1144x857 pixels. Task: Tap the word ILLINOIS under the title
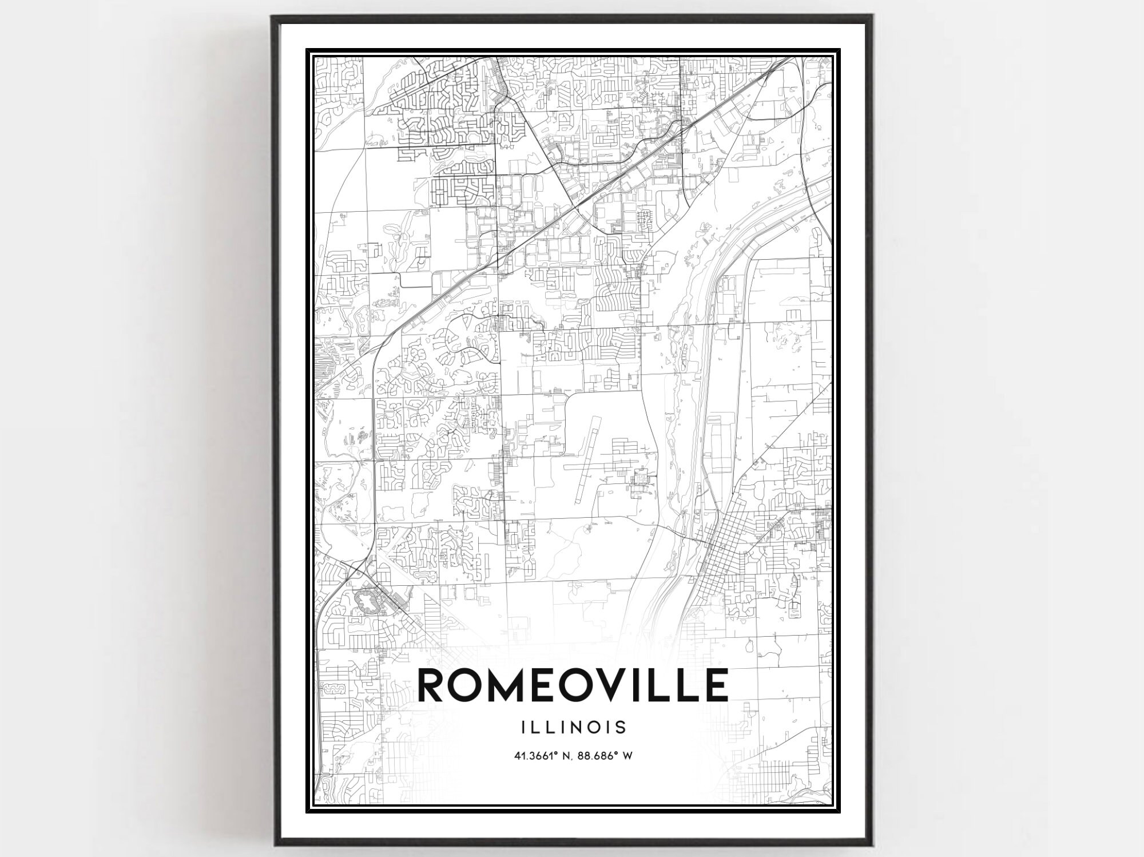coord(573,727)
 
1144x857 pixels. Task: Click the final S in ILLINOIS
coord(621,727)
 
